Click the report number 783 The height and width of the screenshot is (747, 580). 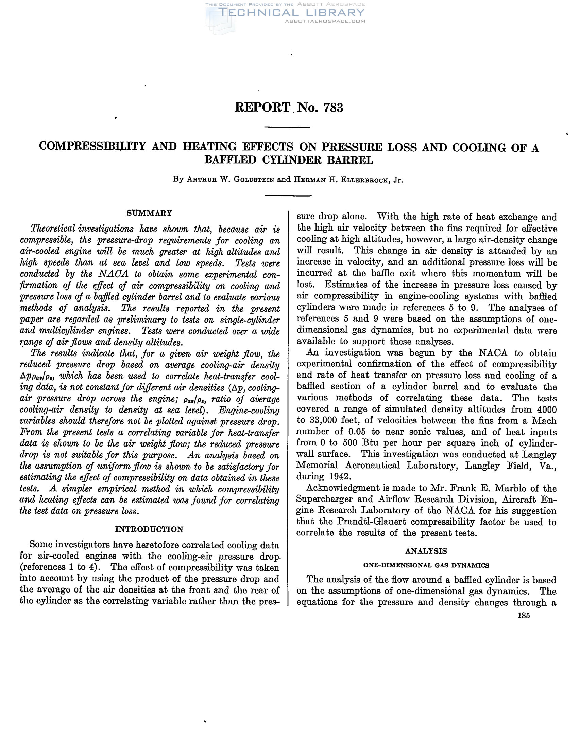333,108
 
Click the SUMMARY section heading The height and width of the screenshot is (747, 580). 149,213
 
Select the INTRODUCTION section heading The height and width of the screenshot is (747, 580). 149,529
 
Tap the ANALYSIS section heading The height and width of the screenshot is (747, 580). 426,551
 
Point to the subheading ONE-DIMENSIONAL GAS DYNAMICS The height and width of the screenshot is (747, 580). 426,565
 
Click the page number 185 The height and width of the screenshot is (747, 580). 524,615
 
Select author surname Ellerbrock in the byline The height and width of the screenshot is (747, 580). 364,180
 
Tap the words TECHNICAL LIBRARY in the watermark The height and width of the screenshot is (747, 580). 291,13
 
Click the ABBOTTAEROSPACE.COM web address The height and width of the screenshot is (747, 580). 325,21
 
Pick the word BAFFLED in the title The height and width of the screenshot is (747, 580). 230,160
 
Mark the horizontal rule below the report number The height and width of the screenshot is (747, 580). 287,127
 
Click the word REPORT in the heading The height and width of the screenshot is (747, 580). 262,108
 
